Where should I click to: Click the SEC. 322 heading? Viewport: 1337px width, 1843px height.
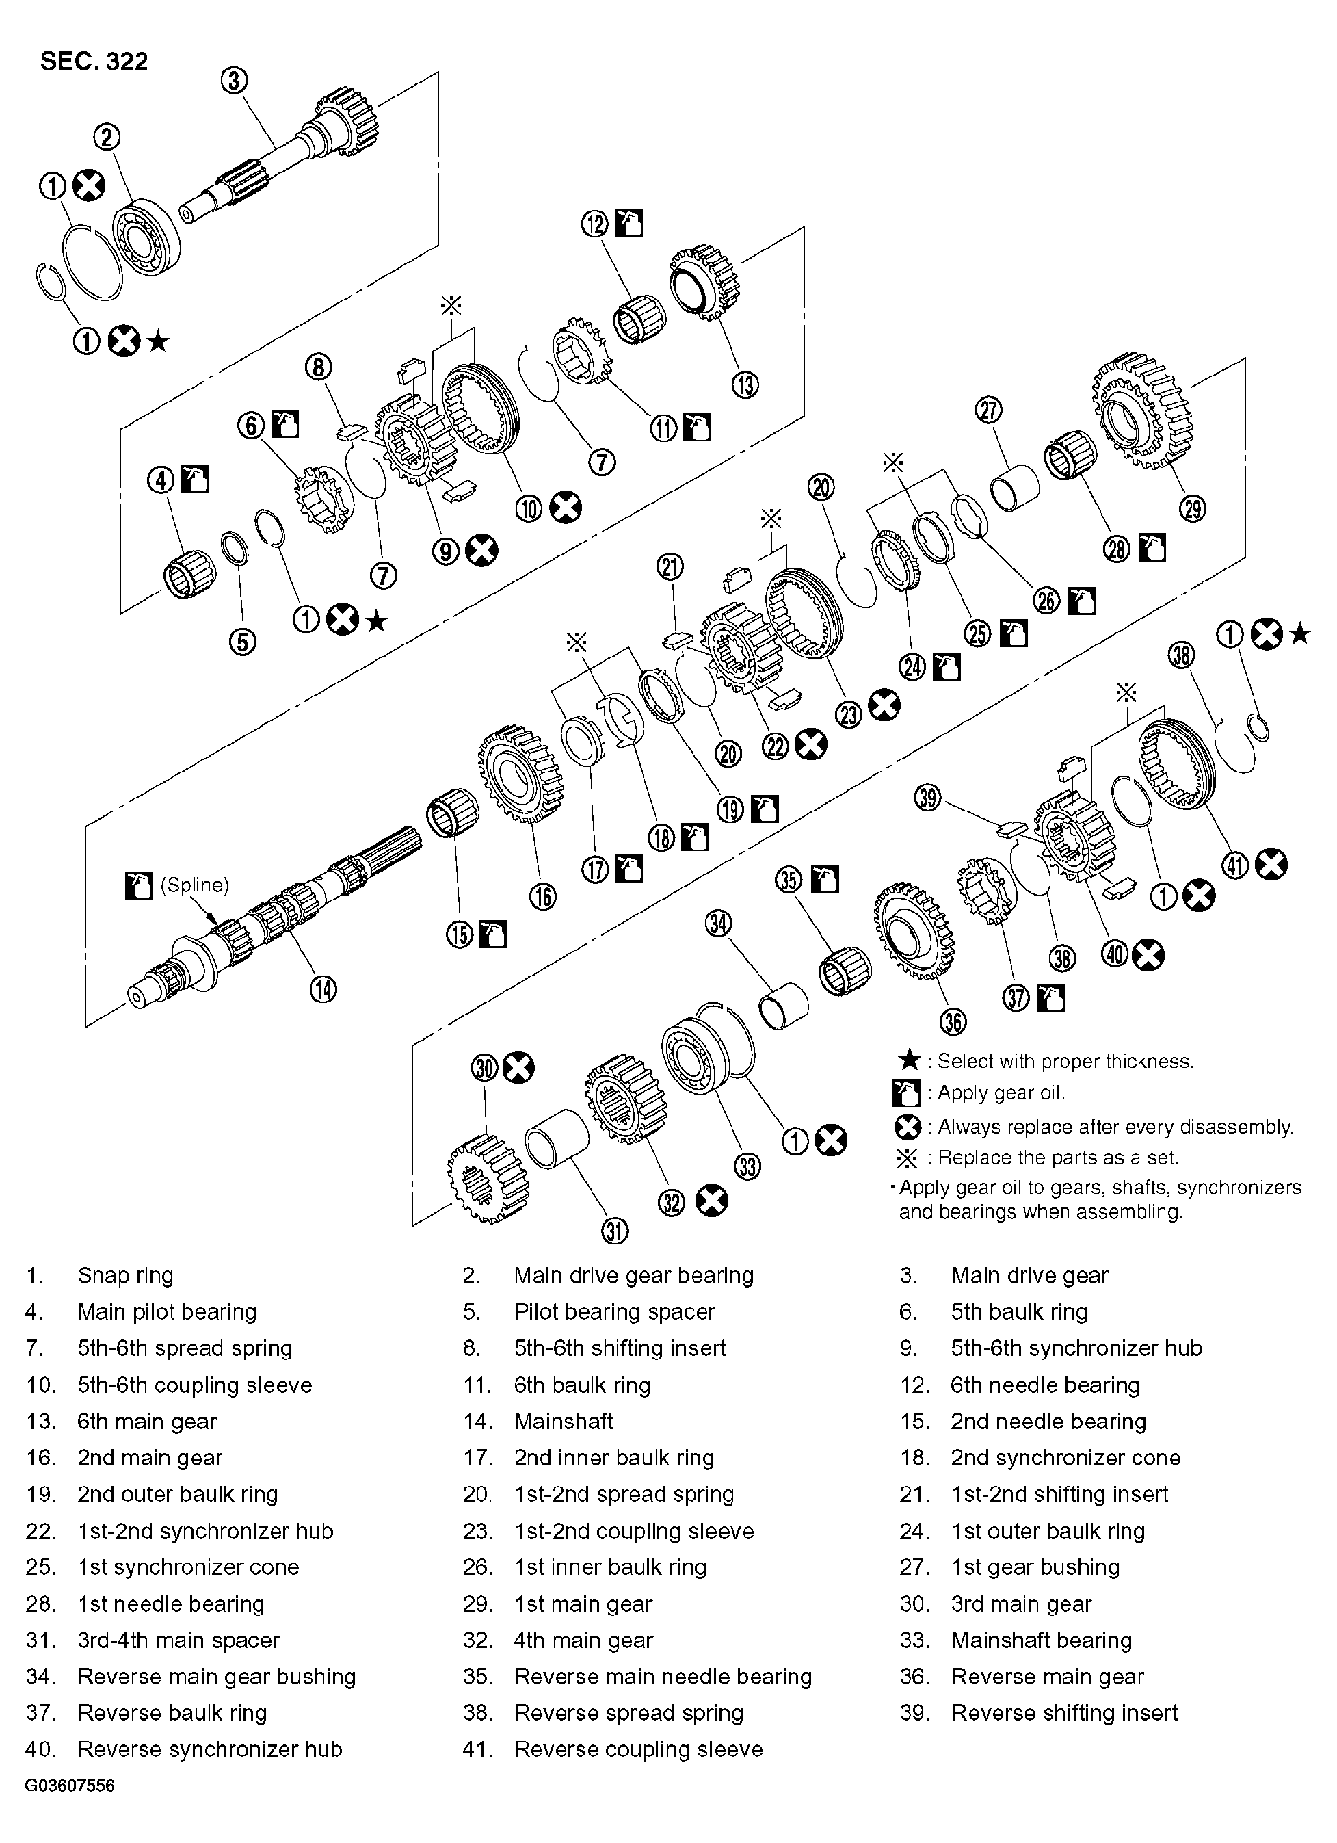[x=94, y=62]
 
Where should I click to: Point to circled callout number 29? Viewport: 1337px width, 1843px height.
[x=1193, y=508]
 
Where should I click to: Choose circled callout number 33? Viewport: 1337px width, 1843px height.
[x=747, y=1166]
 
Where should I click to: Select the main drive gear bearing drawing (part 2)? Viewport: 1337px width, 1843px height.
[x=146, y=235]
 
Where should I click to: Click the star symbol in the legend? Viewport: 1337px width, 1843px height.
[x=910, y=1060]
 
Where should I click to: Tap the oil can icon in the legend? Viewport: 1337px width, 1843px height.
[x=907, y=1093]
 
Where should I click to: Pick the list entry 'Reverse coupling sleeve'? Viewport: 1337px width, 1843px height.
[x=637, y=1749]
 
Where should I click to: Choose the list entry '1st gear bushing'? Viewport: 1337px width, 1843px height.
[x=1034, y=1567]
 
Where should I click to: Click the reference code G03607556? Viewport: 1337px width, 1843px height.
[x=70, y=1786]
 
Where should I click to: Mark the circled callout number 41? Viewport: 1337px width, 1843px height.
[x=1236, y=865]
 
